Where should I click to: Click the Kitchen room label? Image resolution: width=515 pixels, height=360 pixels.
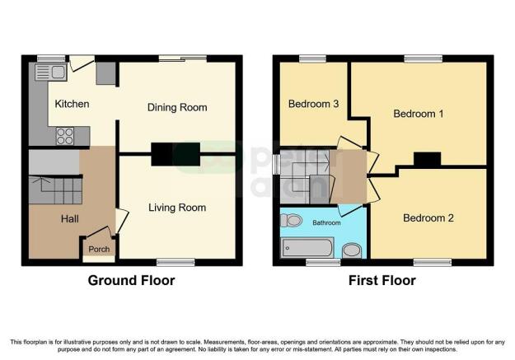[72, 104]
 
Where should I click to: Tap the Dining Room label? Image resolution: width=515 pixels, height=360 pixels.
[177, 107]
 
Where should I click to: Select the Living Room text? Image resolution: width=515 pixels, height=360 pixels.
[177, 208]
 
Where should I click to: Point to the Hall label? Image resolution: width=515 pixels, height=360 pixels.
[70, 219]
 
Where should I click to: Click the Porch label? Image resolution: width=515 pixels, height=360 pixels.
[99, 250]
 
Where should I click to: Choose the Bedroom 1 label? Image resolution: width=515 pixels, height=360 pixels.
[419, 114]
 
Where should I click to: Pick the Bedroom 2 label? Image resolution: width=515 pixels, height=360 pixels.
[428, 217]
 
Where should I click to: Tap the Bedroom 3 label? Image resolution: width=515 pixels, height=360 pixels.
[313, 104]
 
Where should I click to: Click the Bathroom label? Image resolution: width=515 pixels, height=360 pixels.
[326, 222]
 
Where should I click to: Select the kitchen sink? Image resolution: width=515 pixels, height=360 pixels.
[51, 72]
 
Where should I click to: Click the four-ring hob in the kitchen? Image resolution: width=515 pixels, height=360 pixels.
[65, 136]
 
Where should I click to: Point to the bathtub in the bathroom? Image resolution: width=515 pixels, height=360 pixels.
[307, 248]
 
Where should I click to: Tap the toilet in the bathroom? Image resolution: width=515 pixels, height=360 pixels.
[292, 221]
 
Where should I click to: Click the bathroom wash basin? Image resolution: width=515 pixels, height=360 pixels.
[352, 251]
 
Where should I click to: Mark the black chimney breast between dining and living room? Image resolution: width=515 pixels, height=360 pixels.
[176, 154]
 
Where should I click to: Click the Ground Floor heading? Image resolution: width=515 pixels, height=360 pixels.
[131, 281]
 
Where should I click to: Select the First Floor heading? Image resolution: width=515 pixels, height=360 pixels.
[382, 281]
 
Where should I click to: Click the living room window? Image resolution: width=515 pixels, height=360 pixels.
[176, 262]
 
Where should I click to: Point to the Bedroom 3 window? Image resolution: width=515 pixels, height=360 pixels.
[312, 58]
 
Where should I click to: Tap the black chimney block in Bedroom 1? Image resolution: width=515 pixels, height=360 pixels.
[427, 159]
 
